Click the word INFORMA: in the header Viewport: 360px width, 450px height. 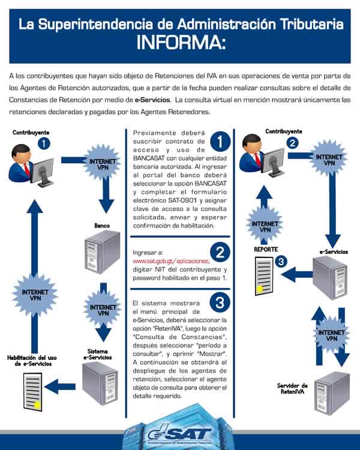[179, 43]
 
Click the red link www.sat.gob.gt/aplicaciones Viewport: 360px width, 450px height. [170, 261]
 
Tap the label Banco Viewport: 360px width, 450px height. [102, 226]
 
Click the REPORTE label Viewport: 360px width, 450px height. [265, 248]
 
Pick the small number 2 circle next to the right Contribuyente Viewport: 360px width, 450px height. [292, 143]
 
